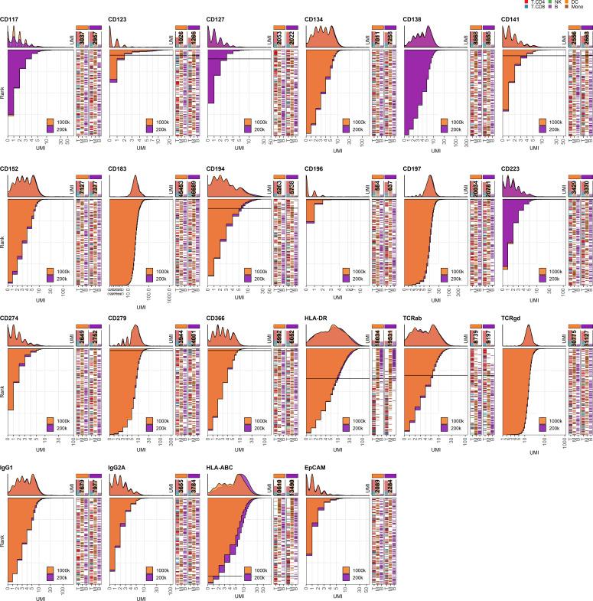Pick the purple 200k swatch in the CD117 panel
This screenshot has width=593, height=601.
[51, 129]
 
